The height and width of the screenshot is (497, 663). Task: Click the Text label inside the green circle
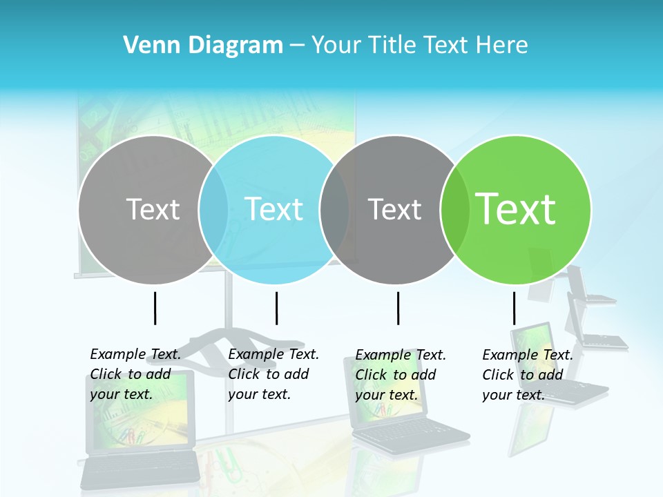[516, 209]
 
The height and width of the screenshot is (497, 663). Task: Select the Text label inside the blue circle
[273, 209]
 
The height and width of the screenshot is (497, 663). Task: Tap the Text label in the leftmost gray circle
[153, 209]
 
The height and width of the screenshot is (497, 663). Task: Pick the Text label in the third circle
[394, 209]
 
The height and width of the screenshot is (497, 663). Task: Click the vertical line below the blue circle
[276, 308]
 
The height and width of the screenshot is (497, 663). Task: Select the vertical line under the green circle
[514, 308]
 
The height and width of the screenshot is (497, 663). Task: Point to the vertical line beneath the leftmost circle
[155, 308]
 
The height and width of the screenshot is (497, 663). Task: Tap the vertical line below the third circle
[398, 308]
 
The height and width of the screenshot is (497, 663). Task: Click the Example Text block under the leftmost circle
[135, 374]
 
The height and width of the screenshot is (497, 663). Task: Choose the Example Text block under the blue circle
[273, 374]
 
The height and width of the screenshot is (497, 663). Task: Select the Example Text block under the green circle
[528, 375]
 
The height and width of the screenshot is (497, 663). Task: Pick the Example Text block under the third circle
[401, 375]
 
